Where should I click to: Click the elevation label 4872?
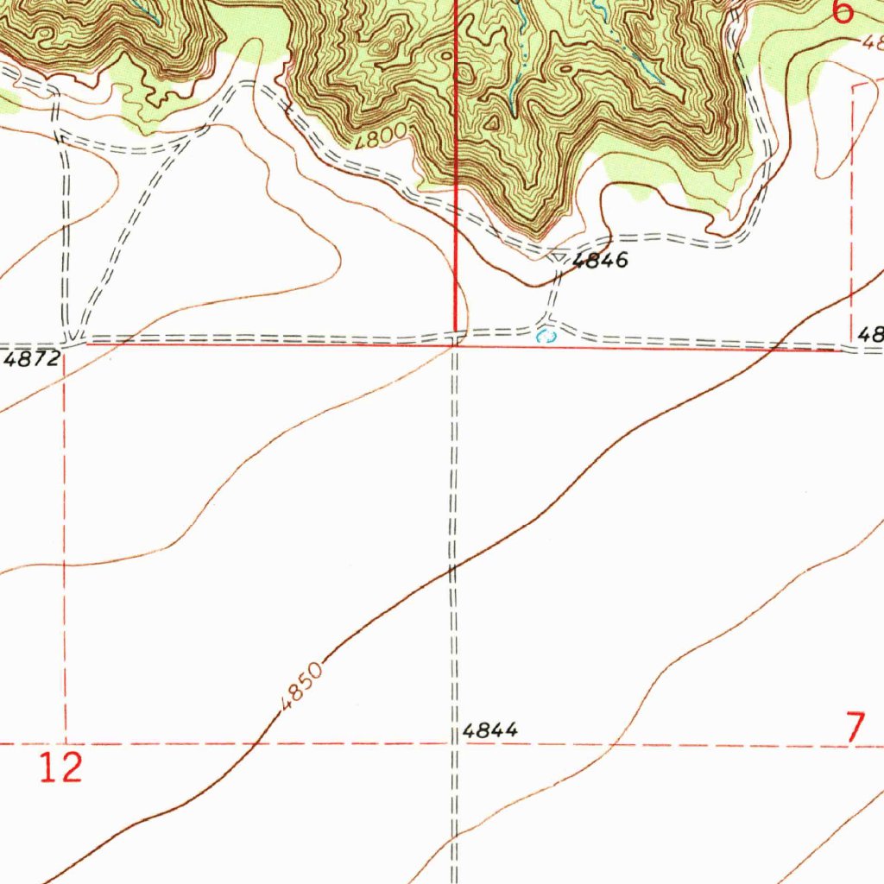click(31, 359)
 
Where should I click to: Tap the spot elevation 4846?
click(599, 262)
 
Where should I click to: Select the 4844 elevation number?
click(489, 730)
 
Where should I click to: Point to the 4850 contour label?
click(301, 685)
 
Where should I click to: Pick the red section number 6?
click(843, 12)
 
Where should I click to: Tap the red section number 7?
click(855, 728)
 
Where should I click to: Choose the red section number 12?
click(60, 767)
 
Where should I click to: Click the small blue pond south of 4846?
click(544, 336)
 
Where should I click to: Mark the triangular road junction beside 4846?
click(559, 256)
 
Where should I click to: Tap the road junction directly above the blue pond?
click(548, 326)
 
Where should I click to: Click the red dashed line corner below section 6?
click(852, 87)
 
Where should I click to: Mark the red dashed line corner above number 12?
click(66, 742)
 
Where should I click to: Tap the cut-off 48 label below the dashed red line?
click(870, 334)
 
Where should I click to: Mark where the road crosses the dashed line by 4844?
click(454, 742)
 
